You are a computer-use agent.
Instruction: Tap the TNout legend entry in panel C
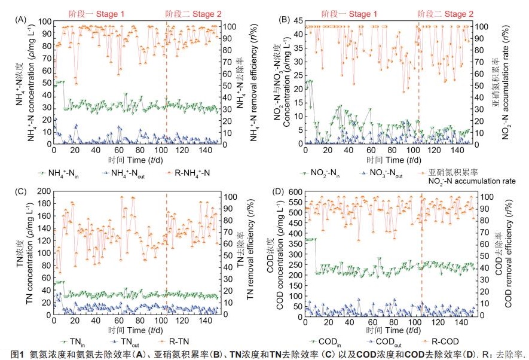point(131,341)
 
